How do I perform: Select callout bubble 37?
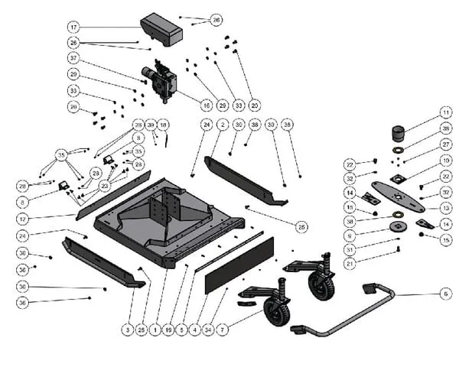pos(73,58)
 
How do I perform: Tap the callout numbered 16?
pos(206,105)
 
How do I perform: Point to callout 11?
pos(445,112)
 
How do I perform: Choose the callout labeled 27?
pos(445,145)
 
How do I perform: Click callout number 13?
pos(445,208)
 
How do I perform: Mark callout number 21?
pos(350,263)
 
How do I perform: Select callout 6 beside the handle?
pos(445,294)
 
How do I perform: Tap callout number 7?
pos(223,330)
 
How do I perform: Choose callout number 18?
pos(164,124)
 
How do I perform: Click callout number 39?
pos(151,124)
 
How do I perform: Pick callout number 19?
pos(168,330)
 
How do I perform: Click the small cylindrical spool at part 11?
pos(399,133)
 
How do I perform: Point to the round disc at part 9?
pos(398,226)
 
